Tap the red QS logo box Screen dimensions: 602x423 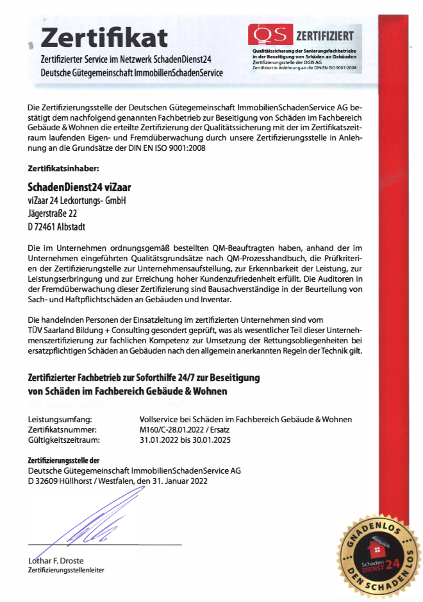coord(270,33)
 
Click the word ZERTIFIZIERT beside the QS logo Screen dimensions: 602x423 coord(324,33)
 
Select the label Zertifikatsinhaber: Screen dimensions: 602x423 coord(63,169)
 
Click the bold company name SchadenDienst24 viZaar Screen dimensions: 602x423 coord(74,187)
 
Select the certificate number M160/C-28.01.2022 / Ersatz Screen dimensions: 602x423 coord(189,429)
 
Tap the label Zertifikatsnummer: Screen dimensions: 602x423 coord(58,429)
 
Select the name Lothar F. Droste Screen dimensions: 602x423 coord(56,560)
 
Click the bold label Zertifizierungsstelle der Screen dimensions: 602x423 coord(63,460)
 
